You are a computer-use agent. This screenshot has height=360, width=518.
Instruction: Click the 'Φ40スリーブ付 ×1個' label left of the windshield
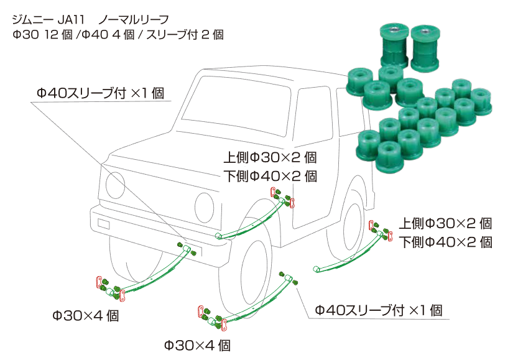[99, 94]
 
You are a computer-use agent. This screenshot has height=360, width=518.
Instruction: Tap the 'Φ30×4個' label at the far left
[85, 316]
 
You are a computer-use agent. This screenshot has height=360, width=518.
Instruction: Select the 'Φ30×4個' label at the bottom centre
[197, 344]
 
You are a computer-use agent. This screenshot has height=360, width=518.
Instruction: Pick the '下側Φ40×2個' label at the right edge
[445, 242]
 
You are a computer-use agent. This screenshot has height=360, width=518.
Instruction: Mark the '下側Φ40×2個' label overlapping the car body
[270, 175]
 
